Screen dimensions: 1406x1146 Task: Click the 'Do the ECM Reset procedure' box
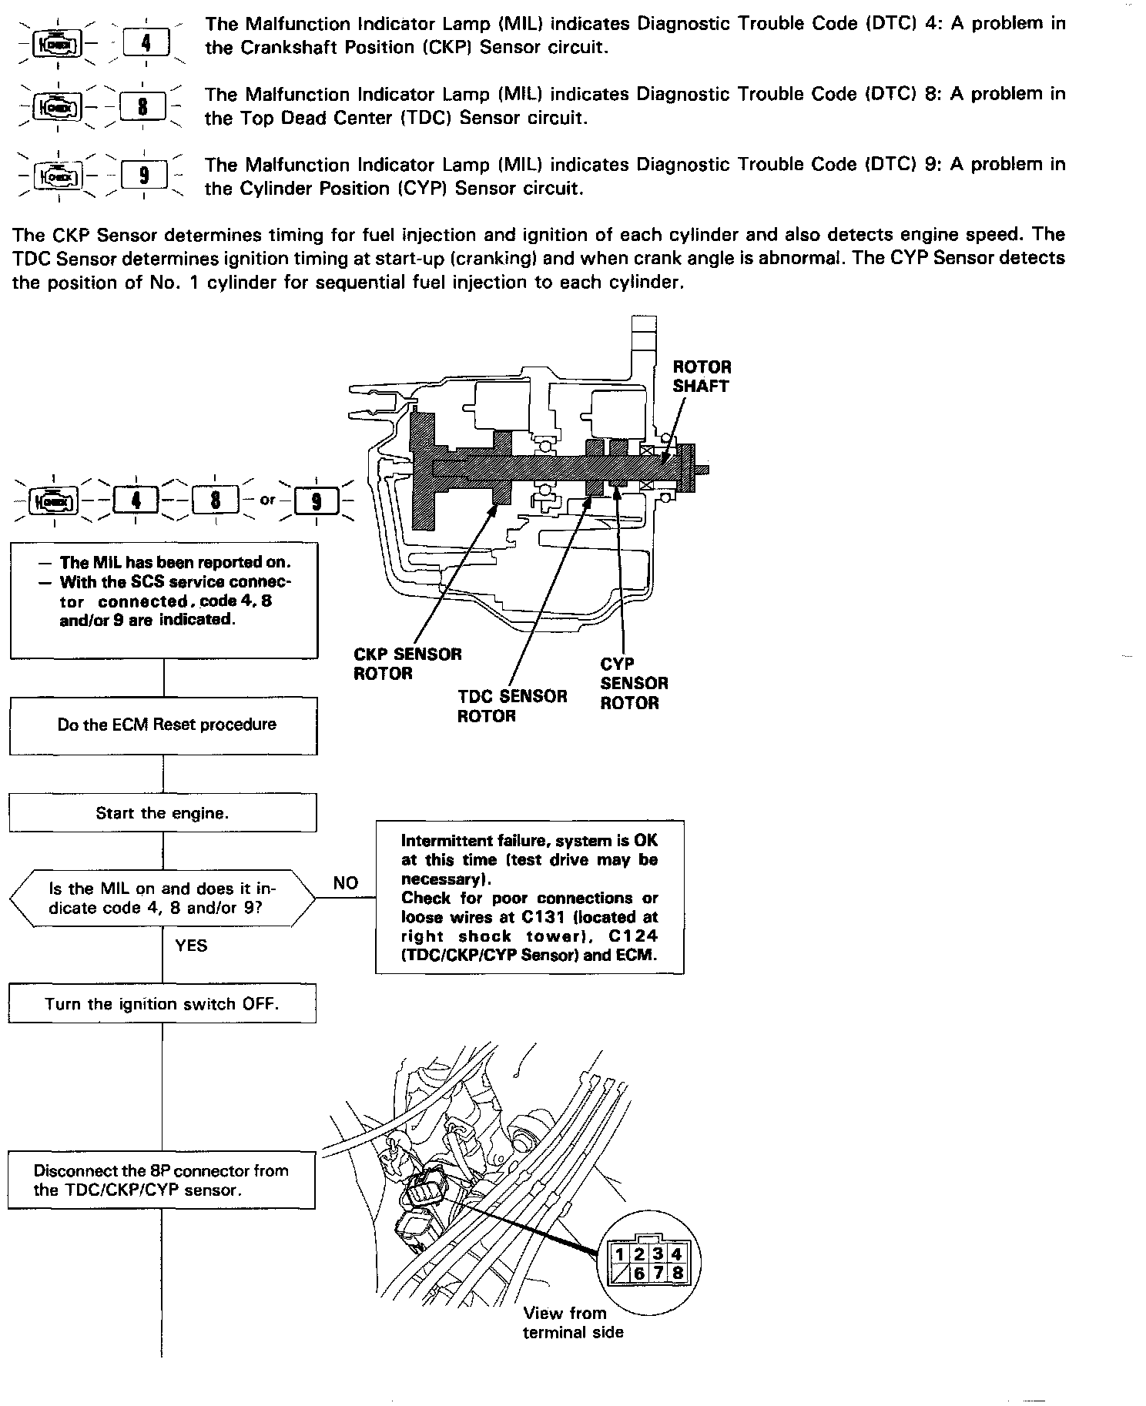click(x=163, y=725)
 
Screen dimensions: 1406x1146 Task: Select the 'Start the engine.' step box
click(x=163, y=813)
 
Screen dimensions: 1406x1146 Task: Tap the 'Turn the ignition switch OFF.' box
click(x=163, y=1004)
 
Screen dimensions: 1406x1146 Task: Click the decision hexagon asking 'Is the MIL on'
click(x=163, y=898)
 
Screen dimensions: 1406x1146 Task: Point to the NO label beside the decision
click(x=346, y=883)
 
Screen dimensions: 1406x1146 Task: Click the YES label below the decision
click(x=191, y=946)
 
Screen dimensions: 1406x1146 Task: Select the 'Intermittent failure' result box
click(x=530, y=898)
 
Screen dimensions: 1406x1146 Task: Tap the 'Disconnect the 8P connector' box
click(x=162, y=1180)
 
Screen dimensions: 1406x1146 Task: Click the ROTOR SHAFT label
click(x=702, y=377)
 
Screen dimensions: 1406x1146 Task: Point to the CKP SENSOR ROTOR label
click(x=407, y=664)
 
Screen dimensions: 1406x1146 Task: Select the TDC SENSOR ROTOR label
click(x=512, y=706)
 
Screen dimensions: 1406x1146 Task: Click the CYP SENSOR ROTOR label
click(x=634, y=683)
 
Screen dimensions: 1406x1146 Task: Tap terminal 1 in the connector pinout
click(x=618, y=1254)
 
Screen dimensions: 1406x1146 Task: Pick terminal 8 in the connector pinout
click(x=677, y=1273)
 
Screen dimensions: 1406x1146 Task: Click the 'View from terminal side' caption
click(x=573, y=1323)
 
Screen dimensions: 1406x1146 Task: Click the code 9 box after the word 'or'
click(x=316, y=501)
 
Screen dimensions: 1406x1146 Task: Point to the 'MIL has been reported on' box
click(x=164, y=601)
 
